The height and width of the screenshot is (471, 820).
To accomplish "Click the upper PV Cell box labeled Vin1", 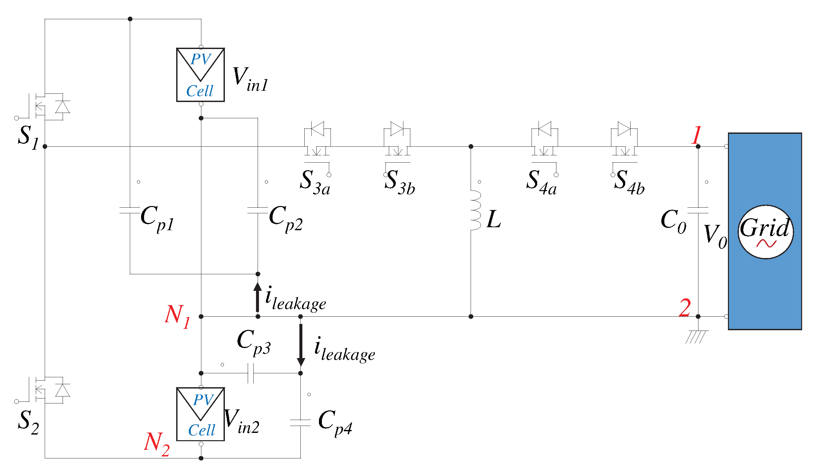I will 200,75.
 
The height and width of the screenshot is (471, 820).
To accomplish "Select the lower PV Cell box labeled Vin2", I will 200,414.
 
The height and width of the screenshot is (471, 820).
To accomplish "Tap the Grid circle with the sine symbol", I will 765,232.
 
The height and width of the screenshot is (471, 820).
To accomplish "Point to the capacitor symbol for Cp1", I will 130,210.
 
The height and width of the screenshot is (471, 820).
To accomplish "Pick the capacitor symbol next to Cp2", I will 258,210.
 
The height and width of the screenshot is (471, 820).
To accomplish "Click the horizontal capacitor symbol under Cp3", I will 251,373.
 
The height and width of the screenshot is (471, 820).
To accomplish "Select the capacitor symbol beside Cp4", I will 300,422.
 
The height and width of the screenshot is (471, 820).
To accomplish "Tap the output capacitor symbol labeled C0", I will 698,210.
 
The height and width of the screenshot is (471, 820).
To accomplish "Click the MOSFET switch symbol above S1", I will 50,107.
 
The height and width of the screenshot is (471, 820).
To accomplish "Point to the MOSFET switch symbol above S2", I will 50,390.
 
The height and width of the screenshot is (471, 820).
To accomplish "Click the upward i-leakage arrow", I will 257,297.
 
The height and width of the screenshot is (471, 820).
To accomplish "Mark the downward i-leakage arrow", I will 301,344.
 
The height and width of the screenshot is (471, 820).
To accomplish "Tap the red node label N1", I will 177,316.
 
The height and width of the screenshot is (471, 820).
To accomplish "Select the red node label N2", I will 157,444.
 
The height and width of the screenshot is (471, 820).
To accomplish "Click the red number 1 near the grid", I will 696,135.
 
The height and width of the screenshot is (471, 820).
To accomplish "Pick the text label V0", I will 715,236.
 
